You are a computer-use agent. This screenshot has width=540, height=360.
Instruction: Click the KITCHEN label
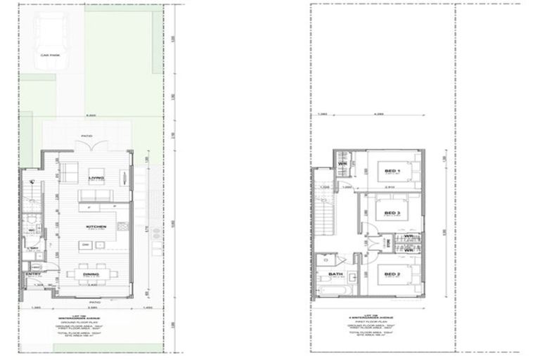pyautogui.click(x=97, y=226)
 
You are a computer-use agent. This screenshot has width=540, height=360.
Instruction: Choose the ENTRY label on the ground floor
pyautogui.click(x=32, y=274)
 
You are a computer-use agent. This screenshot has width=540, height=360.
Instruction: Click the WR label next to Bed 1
pyautogui.click(x=344, y=165)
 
